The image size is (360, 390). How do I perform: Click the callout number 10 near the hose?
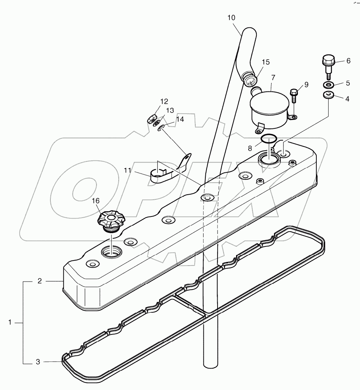coord(231,17)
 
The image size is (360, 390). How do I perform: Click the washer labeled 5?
coord(329,84)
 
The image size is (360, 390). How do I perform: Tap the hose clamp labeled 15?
coord(250,79)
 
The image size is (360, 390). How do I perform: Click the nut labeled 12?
coord(151,120)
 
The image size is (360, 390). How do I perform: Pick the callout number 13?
coord(170,111)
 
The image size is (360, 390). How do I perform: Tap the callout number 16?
coord(96,201)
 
